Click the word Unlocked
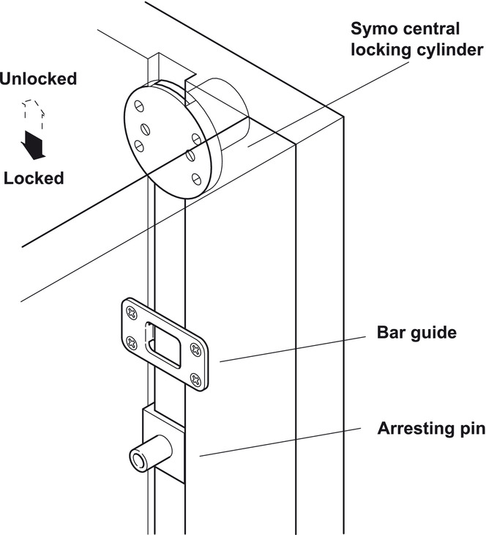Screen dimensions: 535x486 pos(38,78)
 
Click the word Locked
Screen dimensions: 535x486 pos(33,178)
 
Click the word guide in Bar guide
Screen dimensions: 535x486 pos(433,333)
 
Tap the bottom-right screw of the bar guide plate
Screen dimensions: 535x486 pos(195,379)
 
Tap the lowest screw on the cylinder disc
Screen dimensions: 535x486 pos(195,175)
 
